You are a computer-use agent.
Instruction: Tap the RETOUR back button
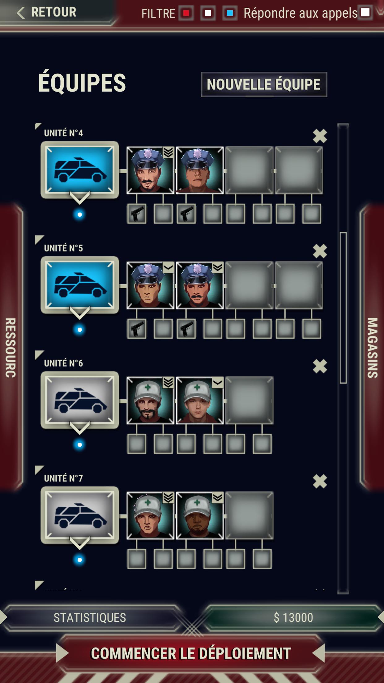[46, 12]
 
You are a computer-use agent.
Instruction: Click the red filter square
[186, 13]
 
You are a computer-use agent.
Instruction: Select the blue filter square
[230, 13]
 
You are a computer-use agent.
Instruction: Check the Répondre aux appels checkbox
[365, 12]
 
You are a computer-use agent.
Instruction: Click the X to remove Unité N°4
[320, 136]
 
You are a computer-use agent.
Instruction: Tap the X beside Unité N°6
[320, 366]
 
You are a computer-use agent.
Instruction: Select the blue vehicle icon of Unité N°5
[80, 285]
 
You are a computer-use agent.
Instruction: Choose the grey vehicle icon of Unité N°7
[80, 515]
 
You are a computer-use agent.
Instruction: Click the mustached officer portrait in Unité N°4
[150, 170]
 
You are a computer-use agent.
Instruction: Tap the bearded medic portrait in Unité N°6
[150, 401]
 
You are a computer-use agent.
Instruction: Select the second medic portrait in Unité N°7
[200, 516]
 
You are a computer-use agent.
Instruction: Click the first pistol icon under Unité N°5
[137, 329]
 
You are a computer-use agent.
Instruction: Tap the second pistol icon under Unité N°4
[186, 213]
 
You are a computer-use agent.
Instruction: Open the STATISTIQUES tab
[90, 618]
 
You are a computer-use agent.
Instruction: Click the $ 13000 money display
[293, 618]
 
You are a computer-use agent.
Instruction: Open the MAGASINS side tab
[372, 348]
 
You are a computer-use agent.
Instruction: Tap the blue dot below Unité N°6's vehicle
[79, 445]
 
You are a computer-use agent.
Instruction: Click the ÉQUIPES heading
[82, 83]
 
